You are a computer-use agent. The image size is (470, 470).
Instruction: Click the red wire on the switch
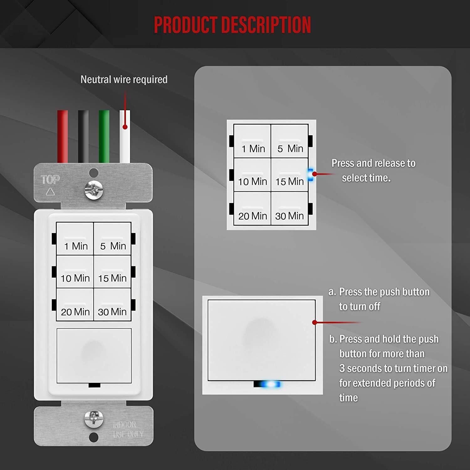62,136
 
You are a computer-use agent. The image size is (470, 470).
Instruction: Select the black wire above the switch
83,136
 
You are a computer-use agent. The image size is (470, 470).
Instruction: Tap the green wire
104,136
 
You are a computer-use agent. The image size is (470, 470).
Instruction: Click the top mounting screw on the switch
94,190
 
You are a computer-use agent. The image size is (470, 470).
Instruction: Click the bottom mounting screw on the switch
94,418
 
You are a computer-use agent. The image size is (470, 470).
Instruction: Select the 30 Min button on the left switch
112,305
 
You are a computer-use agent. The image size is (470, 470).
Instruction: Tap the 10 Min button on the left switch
75,272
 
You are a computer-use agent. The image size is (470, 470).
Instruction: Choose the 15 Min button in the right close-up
290,175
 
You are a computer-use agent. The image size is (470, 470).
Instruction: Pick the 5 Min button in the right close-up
290,141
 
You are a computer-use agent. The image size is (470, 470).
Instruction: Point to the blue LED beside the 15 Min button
311,175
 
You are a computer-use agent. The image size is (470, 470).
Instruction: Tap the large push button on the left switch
94,356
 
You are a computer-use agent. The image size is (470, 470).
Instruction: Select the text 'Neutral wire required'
124,80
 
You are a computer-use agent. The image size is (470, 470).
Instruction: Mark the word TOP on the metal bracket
50,180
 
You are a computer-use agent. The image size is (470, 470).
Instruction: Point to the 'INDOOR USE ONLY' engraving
128,429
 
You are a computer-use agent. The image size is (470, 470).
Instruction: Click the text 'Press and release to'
373,163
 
